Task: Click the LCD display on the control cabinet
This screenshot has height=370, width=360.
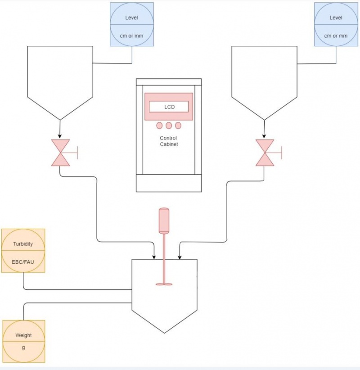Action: coord(169,107)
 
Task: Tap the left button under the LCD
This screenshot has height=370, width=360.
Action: coord(160,126)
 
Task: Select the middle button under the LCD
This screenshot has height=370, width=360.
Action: coord(169,126)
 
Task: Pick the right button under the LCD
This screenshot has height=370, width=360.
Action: coord(178,126)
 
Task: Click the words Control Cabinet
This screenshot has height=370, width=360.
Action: coord(169,141)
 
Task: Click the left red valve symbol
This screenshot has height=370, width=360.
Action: coord(60,153)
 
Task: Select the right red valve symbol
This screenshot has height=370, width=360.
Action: coord(264,153)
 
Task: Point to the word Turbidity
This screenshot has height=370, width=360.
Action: coord(23,243)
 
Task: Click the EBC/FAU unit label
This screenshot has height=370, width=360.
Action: coord(23,260)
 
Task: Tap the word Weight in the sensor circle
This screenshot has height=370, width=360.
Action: coord(23,335)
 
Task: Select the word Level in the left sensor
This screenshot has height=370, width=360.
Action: coord(131,18)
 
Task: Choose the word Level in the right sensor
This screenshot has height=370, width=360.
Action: coord(336,18)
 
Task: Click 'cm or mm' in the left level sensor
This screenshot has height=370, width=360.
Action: coord(131,36)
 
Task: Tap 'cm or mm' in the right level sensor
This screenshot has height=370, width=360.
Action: coord(336,36)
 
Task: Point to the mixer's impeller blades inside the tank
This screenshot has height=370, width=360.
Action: coord(164,284)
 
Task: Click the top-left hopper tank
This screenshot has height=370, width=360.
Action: coord(60,77)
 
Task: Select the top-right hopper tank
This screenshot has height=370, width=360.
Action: coord(264,77)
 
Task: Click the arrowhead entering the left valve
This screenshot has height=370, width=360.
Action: coord(60,136)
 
